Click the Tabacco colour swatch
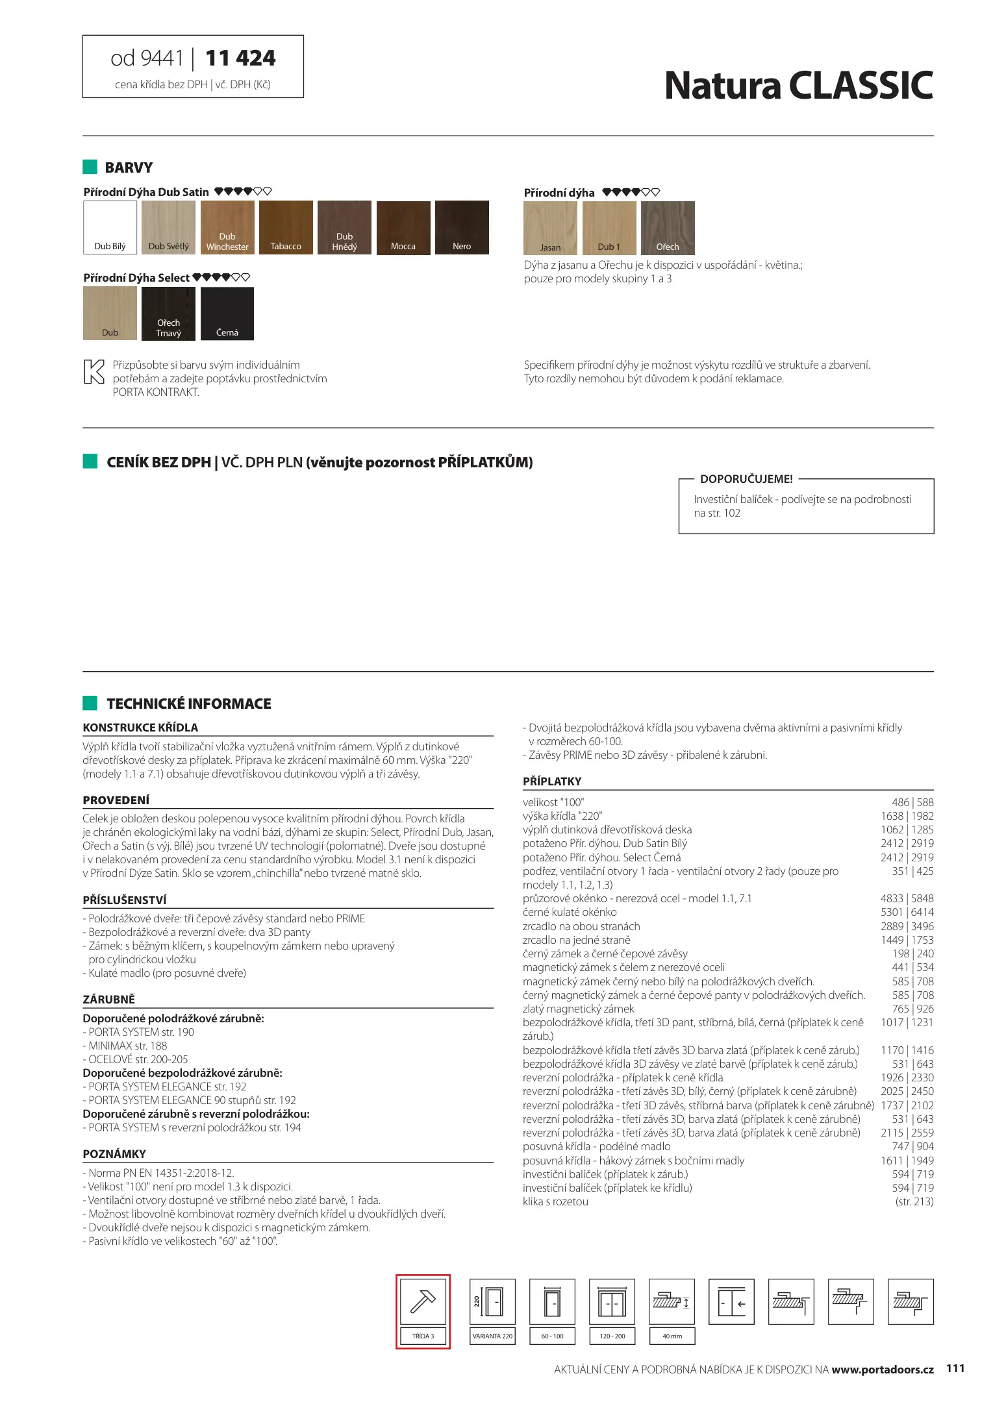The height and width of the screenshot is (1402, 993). coord(286,227)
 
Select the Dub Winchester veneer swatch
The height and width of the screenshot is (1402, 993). coord(227,227)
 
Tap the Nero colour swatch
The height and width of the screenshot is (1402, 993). coord(462,227)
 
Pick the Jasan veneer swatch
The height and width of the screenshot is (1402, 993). coord(550,228)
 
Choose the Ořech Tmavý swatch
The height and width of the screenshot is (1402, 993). coord(168,314)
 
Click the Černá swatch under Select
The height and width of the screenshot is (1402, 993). coord(227,314)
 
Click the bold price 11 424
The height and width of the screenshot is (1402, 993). coord(240,58)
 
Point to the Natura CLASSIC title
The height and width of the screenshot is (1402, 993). coord(798,86)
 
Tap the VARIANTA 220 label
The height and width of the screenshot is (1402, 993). coord(492,1336)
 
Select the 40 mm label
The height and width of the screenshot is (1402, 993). coord(672,1336)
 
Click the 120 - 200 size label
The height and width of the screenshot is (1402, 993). coord(612,1336)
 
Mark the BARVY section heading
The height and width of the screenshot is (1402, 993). coord(129,167)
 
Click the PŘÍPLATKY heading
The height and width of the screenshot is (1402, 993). coord(552,781)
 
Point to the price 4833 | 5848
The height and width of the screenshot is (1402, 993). coord(907,898)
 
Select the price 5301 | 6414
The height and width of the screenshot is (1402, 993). coord(907,912)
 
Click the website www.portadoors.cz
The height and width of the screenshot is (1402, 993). coord(882,1370)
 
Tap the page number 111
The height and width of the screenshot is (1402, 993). coord(955,1368)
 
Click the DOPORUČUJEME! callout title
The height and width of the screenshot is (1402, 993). coord(746,479)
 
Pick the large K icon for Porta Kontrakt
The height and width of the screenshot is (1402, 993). coord(94,372)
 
